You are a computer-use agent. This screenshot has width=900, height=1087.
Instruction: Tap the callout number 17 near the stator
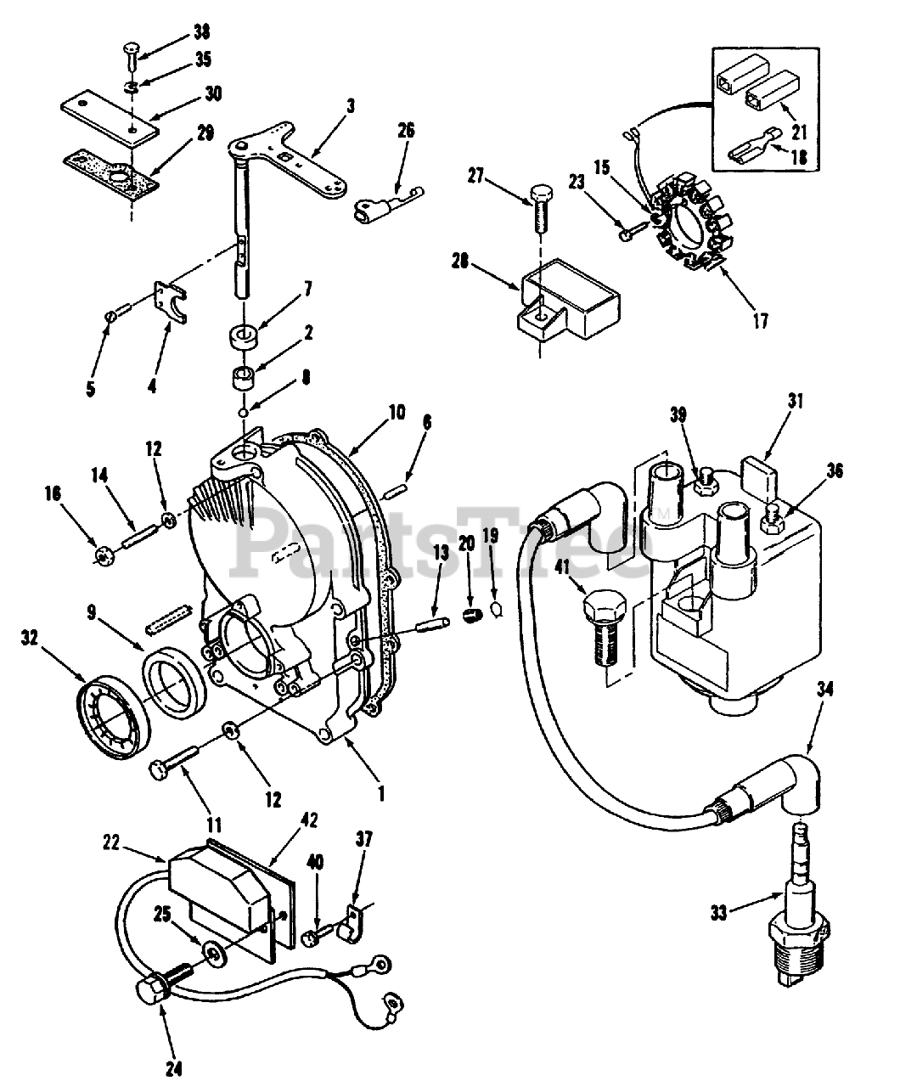[x=761, y=322]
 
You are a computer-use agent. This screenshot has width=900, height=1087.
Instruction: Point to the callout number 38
[x=201, y=31]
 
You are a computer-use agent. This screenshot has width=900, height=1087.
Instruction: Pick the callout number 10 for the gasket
[x=397, y=413]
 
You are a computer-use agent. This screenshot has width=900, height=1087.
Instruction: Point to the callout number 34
[x=825, y=690]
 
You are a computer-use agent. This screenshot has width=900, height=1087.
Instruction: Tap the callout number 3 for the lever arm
[x=351, y=106]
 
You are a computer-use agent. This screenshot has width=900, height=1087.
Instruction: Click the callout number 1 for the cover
[x=381, y=793]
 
